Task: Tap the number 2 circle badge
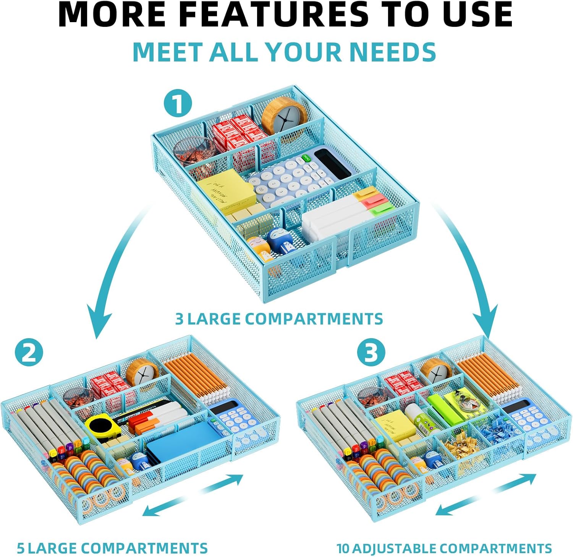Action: (x=29, y=353)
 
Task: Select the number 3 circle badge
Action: (x=370, y=353)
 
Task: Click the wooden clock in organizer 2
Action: (x=142, y=373)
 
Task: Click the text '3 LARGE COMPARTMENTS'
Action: (x=279, y=319)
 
